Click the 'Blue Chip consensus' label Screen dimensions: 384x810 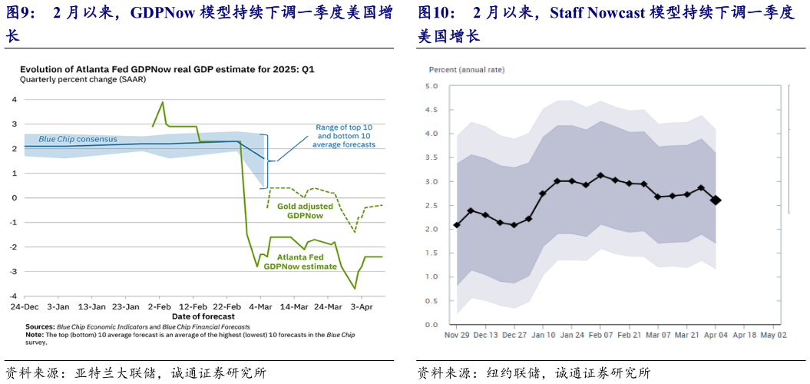[x=78, y=139]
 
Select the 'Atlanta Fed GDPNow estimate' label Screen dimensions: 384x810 [x=300, y=262]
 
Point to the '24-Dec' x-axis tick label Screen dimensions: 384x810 [x=25, y=306]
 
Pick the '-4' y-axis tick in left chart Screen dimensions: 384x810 [x=13, y=296]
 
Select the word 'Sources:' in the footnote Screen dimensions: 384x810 [x=41, y=326]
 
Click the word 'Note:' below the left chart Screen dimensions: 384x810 [x=35, y=334]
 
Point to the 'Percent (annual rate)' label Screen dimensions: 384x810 [x=466, y=70]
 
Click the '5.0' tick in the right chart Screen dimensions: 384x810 [x=431, y=86]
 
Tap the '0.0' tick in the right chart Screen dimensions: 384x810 [x=431, y=324]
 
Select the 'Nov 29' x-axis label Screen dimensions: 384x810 [x=458, y=335]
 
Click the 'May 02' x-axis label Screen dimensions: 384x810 [x=773, y=335]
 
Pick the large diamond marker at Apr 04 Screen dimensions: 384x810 [x=716, y=200]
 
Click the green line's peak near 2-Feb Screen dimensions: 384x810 [x=162, y=101]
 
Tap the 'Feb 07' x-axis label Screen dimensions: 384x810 [x=599, y=335]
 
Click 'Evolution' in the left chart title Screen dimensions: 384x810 [x=43, y=69]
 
